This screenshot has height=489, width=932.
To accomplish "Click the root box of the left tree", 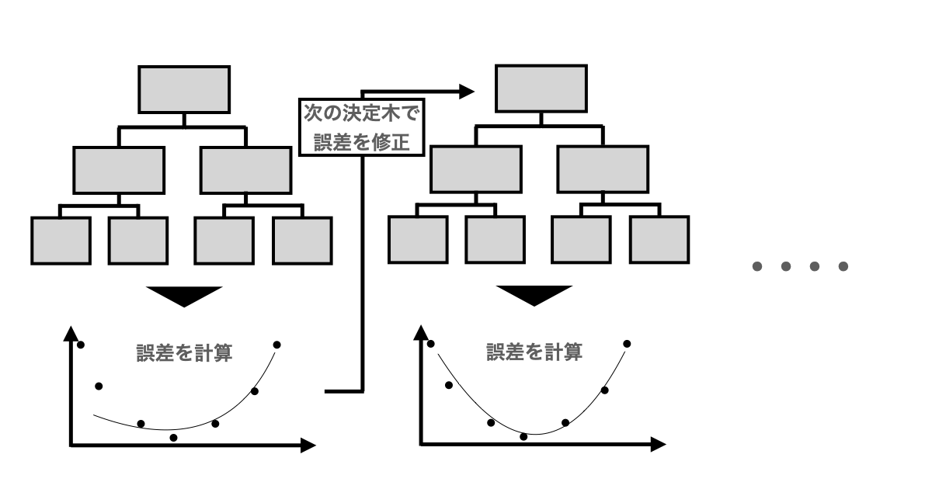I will pos(184,90).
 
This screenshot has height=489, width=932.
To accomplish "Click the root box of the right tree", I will pos(541,89).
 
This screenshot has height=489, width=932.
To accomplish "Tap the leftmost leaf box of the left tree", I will pos(61,241).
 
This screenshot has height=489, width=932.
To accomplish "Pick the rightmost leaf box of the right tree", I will pos(659,240).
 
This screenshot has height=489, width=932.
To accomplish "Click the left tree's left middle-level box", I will pos(119,170).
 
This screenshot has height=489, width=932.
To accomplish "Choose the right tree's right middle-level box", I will pos(602,169).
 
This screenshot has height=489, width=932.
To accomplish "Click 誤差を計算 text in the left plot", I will pos(185,354).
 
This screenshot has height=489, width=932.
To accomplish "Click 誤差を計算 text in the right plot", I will pos(535,353).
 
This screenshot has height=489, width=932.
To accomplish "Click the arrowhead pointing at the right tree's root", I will pos(466,92).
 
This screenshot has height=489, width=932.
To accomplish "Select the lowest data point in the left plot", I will pos(173,438).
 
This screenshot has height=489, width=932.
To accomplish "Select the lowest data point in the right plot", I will pos(523,437).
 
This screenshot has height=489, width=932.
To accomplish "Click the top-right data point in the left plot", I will pos(276,344).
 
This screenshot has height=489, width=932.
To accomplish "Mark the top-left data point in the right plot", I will pos(431,343).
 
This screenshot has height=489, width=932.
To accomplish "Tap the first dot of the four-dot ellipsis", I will pos(758,267).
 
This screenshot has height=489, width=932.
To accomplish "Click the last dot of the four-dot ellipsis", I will pos(843,267).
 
